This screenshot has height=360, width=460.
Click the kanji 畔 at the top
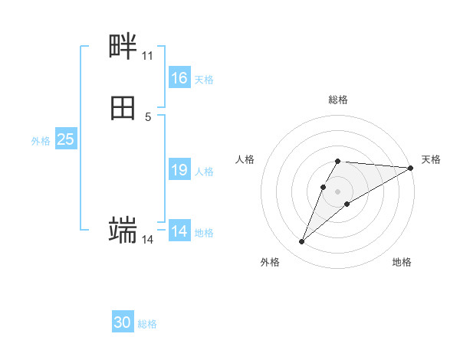click(x=123, y=47)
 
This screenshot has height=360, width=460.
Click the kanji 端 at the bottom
click(x=123, y=229)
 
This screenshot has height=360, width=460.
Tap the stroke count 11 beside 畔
click(x=147, y=56)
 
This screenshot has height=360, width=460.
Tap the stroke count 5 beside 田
click(x=148, y=116)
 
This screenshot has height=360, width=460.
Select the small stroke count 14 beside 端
click(x=148, y=240)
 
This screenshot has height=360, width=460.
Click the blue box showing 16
click(x=179, y=78)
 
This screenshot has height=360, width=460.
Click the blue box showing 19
click(x=179, y=170)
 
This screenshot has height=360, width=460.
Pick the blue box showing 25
click(x=66, y=139)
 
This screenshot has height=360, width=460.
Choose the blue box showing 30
click(x=123, y=322)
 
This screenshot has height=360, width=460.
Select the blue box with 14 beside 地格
click(x=179, y=231)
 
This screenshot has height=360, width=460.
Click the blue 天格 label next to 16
click(x=204, y=80)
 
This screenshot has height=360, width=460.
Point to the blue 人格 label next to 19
click(x=204, y=172)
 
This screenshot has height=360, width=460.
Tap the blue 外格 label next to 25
click(x=41, y=141)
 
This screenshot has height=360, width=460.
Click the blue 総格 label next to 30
click(x=147, y=324)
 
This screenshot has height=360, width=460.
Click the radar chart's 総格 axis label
click(x=338, y=100)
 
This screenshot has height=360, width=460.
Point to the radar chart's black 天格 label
click(x=431, y=159)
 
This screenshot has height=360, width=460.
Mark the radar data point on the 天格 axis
click(x=410, y=168)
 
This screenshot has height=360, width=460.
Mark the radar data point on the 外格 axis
click(x=301, y=242)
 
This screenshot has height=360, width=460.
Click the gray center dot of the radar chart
click(x=338, y=191)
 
